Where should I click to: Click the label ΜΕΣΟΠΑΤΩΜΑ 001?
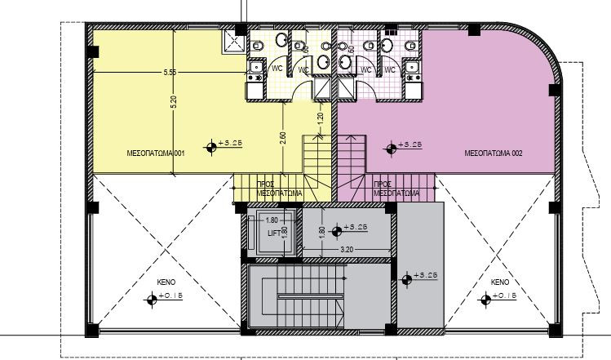pos(157,153)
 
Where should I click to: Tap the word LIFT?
pos(274,233)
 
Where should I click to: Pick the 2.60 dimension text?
pos(282,138)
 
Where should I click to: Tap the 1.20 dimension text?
pos(321,117)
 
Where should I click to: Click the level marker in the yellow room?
pos(212,147)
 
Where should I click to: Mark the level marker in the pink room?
pos(392,147)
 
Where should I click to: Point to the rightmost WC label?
pos(389,70)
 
